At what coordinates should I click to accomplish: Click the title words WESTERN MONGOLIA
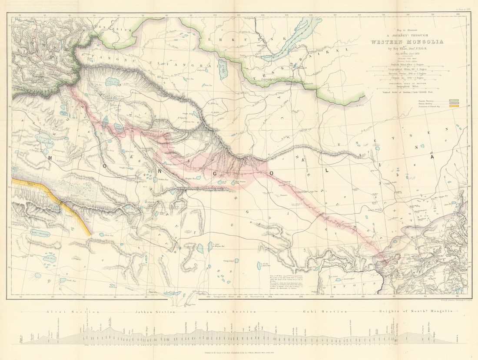(407, 42)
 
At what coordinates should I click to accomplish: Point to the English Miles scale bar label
(406, 64)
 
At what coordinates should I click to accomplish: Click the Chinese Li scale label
(406, 78)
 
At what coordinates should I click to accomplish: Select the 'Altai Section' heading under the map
(73, 312)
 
